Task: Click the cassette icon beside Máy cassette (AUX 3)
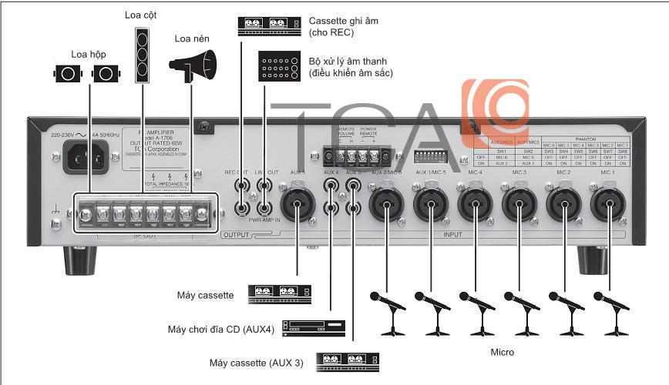[350, 360]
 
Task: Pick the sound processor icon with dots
[280, 67]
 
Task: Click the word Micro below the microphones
[503, 352]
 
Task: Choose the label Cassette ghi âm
[343, 21]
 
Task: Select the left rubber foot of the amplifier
[77, 260]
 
